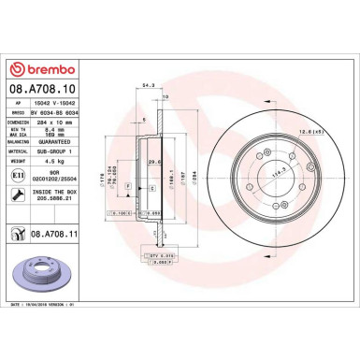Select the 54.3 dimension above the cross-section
click(150, 87)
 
